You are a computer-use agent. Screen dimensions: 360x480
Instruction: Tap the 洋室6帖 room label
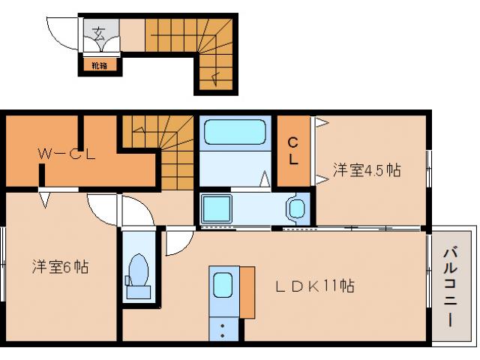pyautogui.click(x=60, y=266)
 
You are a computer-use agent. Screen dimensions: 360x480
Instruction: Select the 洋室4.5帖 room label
pyautogui.click(x=367, y=170)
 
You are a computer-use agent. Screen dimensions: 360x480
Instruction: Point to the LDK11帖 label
pyautogui.click(x=314, y=286)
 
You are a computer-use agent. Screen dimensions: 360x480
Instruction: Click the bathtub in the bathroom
pyautogui.click(x=234, y=133)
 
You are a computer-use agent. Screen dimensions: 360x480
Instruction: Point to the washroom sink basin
pyautogui.click(x=295, y=207)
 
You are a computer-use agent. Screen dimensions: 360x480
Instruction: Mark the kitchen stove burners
pyautogui.click(x=223, y=328)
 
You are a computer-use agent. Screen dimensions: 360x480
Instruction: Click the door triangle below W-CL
pyautogui.click(x=45, y=200)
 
